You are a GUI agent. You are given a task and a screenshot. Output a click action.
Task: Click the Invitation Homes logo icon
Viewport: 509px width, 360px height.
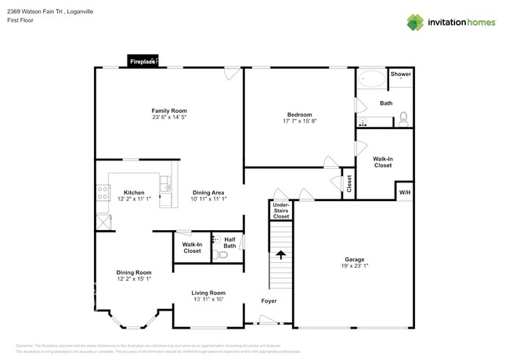[415, 22]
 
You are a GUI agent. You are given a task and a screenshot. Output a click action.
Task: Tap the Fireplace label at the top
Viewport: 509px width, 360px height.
[143, 60]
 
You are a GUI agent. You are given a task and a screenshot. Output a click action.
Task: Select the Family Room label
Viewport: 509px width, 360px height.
[169, 110]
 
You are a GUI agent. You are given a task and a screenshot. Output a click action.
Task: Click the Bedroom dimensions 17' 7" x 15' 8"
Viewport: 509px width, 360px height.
[300, 121]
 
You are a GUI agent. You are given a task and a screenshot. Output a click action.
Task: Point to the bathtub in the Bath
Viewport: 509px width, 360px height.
[373, 79]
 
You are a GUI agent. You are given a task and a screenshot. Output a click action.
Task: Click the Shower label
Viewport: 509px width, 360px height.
[401, 74]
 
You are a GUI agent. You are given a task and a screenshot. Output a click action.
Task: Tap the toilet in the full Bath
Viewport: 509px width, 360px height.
[403, 119]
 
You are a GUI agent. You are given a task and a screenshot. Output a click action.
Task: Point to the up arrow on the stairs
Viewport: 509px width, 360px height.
[279, 256]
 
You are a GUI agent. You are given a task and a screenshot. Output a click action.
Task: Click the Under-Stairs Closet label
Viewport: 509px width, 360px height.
[280, 210]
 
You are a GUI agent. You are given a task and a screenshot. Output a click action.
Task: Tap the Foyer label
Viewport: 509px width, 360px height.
[269, 301]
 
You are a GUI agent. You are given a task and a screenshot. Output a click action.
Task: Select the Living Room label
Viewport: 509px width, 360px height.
[208, 293]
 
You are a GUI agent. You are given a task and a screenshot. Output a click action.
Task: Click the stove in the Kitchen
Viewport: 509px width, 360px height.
[103, 193]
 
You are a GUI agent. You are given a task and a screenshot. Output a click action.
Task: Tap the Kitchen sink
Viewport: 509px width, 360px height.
[165, 185]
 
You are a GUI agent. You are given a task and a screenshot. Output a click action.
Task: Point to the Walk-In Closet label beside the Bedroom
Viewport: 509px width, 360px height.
[383, 162]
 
